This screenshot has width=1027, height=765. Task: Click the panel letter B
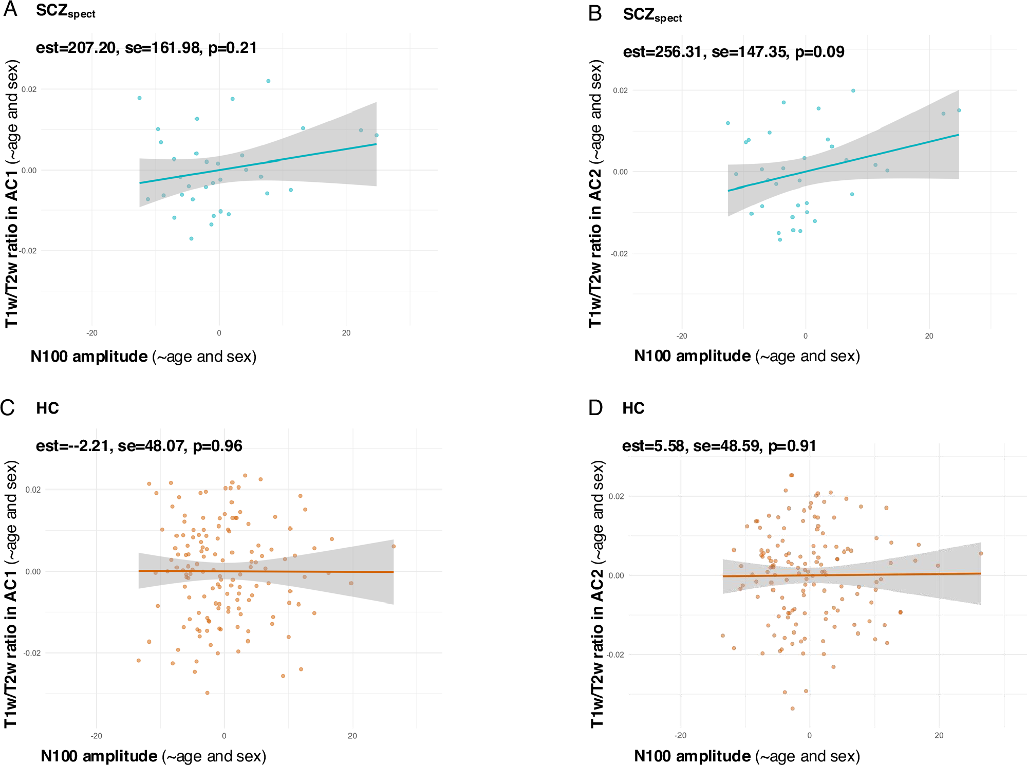[x=595, y=13]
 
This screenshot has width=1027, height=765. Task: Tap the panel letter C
[x=8, y=407]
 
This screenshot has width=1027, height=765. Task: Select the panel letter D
[x=595, y=408]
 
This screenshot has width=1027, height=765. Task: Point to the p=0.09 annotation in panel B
[x=819, y=52]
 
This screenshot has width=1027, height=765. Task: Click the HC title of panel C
[x=47, y=408]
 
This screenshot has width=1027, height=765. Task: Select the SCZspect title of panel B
[x=652, y=15]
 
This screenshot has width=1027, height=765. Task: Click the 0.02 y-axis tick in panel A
[x=29, y=89]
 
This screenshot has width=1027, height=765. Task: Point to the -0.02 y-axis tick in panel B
[x=619, y=254]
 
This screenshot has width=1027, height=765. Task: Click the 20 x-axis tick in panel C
[x=352, y=736]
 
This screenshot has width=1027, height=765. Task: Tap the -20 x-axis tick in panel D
[x=680, y=735]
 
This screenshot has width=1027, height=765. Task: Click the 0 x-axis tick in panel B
[x=805, y=336]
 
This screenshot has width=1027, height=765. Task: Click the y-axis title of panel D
[x=597, y=593]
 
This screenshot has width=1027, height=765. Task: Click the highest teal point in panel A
[x=268, y=81]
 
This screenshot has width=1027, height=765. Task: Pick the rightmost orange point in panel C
[x=394, y=546]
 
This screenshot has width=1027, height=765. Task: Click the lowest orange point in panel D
[x=792, y=708]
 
